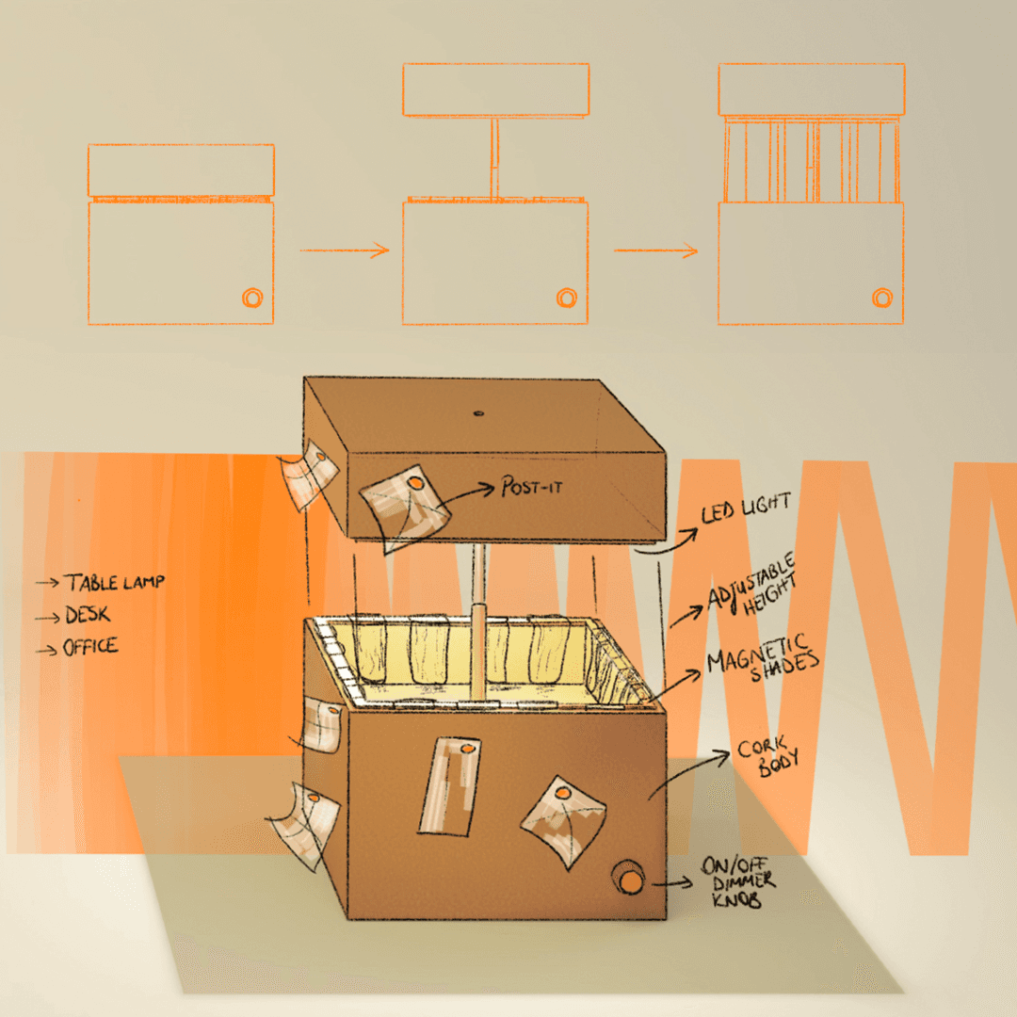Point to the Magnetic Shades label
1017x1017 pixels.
coord(763,656)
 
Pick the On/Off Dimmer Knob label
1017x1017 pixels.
coord(739,882)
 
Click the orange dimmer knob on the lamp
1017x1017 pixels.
coord(628,879)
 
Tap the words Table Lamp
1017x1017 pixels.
coord(113,582)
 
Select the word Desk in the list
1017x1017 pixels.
coord(87,615)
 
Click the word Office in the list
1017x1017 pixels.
coord(89,647)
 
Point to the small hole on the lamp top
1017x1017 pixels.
coord(477,412)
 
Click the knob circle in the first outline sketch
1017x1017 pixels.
coord(251,298)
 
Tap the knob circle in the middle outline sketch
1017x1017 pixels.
coord(566,298)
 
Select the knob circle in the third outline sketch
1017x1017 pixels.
coord(881,298)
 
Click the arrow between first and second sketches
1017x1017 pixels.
coord(345,250)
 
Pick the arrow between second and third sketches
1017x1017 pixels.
coord(656,250)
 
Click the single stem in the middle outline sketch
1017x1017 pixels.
coord(493,157)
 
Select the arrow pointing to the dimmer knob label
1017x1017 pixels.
coord(671,884)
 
